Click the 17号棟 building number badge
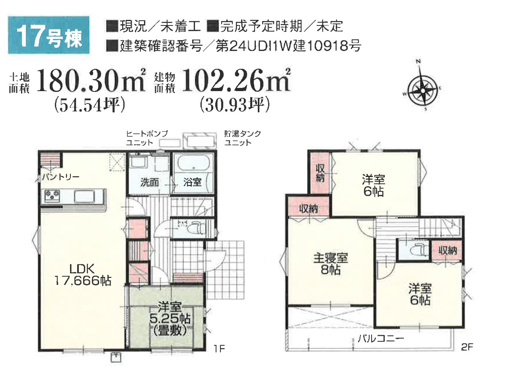click(49, 35)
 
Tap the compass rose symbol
click(423, 88)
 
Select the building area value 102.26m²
click(236, 81)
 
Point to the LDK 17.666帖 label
click(82, 275)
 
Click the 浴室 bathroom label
click(192, 182)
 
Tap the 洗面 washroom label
click(150, 183)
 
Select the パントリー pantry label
click(61, 177)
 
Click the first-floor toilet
click(194, 230)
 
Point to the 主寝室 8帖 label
click(331, 264)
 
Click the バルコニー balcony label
click(381, 339)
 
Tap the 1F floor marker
click(219, 355)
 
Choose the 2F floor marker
click(467, 353)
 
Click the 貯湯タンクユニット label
click(242, 138)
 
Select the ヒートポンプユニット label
click(147, 138)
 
